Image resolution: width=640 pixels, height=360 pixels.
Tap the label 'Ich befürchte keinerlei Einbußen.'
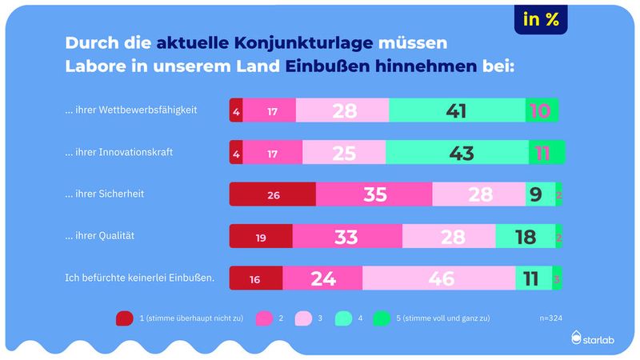pos(139,278)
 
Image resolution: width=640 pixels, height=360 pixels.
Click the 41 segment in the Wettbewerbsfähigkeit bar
pos(457,110)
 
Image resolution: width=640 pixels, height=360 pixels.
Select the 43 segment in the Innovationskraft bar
pos(457,153)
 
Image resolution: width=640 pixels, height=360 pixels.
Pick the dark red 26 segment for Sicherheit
pos(272,194)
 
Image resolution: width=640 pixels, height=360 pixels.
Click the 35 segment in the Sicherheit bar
pos(374,194)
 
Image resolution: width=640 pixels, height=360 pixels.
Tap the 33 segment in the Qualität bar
pos(347,236)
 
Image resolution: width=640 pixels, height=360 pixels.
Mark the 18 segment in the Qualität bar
pos(525,236)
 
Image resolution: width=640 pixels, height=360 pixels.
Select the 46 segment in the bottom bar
pos(438,278)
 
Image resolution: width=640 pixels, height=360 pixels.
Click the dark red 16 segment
pos(256,278)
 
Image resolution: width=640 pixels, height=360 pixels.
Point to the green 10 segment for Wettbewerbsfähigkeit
pos(542,110)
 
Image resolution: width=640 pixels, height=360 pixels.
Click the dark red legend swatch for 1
pos(124,318)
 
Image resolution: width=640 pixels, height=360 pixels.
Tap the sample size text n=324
pos(550,318)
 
